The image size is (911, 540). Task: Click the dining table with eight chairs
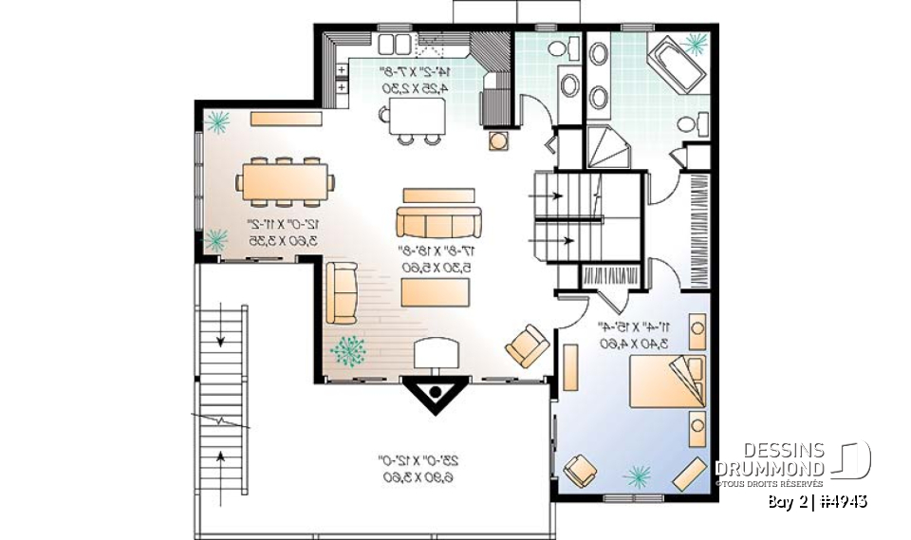[286, 181]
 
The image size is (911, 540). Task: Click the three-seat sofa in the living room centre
[437, 222]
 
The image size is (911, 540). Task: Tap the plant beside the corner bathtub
[697, 44]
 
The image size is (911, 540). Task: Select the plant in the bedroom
[637, 473]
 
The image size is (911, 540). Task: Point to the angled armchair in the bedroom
[580, 470]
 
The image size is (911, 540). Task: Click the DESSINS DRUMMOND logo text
[770, 460]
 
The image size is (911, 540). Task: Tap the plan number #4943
[844, 500]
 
